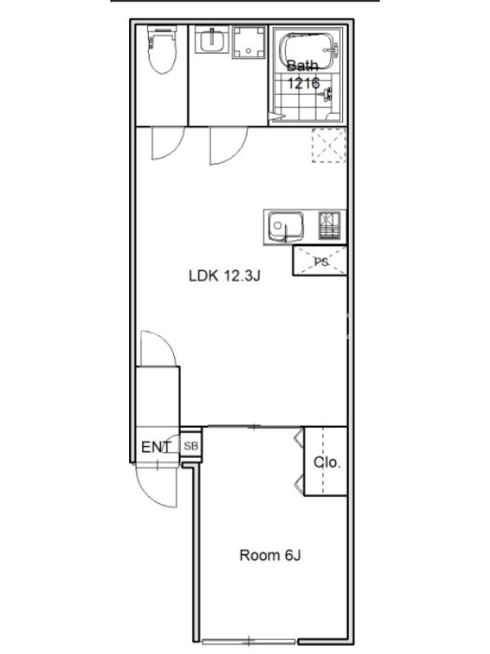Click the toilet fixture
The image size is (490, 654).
[x=163, y=49]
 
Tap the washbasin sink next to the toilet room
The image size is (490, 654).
[x=212, y=39]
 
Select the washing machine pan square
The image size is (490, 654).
[x=249, y=43]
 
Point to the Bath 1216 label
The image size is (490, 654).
[x=303, y=74]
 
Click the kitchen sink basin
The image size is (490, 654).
[x=285, y=226]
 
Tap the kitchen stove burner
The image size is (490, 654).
[x=330, y=226]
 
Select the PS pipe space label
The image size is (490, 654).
[x=321, y=262]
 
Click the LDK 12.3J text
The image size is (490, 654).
[x=225, y=275]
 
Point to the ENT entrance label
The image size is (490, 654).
[x=156, y=447]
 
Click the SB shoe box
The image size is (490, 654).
[x=191, y=446]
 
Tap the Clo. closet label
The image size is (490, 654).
[x=327, y=462]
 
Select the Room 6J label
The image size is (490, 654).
[x=270, y=555]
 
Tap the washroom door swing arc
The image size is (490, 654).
[x=238, y=153]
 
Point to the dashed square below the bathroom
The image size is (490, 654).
[x=329, y=146]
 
